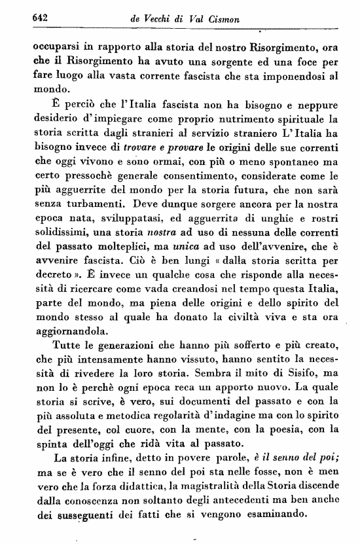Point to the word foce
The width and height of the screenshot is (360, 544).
point(304,62)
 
